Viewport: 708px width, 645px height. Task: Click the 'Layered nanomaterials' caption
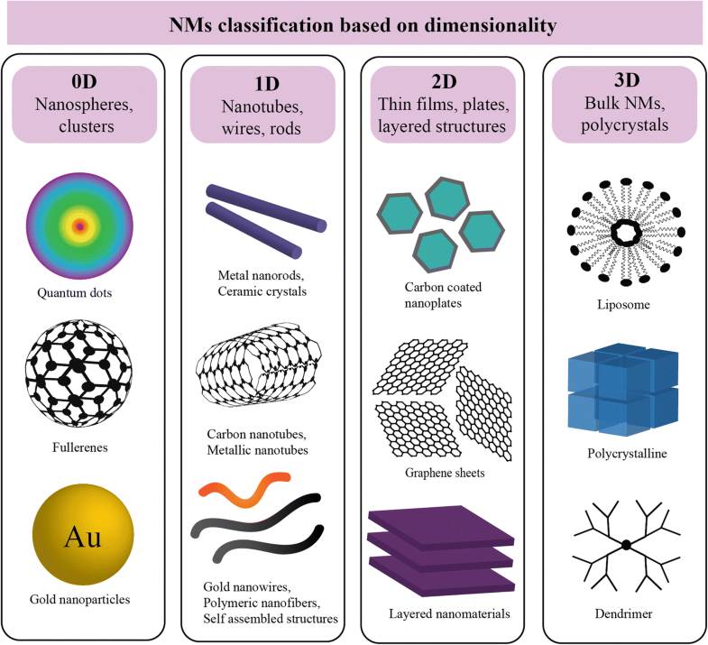437,614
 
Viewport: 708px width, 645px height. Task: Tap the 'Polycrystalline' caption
624,454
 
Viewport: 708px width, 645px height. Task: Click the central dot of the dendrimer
625,545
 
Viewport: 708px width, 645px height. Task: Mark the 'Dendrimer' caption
624,613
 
